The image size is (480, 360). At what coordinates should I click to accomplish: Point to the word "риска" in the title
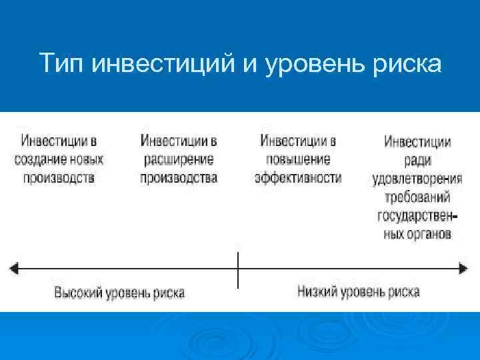(x=408, y=65)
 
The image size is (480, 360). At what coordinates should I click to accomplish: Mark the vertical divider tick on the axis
(x=238, y=269)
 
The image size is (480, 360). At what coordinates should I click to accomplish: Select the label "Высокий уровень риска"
(x=119, y=293)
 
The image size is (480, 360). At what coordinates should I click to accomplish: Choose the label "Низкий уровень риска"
(x=358, y=291)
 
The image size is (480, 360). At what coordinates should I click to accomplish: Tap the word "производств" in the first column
(x=59, y=178)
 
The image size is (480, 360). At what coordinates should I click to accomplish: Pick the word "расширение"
(x=179, y=160)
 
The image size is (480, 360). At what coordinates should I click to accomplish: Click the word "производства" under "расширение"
(x=179, y=178)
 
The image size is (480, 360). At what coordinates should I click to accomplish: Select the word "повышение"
(x=297, y=160)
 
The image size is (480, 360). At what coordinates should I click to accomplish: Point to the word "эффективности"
(x=297, y=177)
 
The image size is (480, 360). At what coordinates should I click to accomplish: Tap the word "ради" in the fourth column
(x=417, y=160)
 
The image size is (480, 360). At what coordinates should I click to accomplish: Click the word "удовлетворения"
(x=417, y=179)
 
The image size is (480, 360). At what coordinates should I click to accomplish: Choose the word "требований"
(x=417, y=197)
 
